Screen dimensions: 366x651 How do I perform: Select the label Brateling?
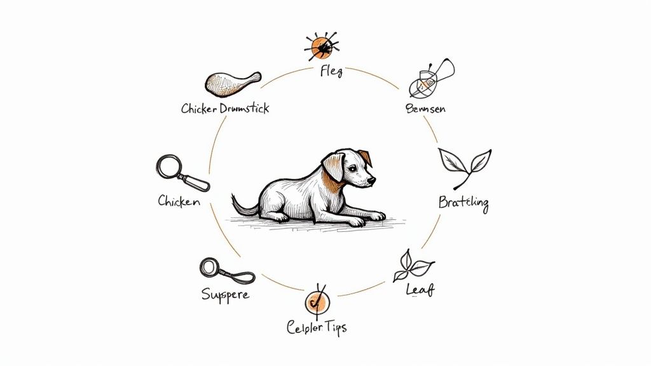tap(463, 203)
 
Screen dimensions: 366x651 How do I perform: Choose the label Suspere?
tap(225, 295)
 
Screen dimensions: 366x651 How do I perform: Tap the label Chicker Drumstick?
tap(225, 108)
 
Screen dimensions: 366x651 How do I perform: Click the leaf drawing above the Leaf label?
tap(413, 266)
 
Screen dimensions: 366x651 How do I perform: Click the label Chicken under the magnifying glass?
tap(179, 201)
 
